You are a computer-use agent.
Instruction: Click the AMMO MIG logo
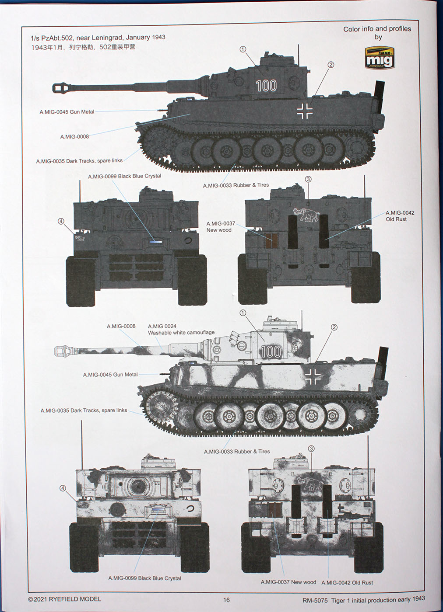379,57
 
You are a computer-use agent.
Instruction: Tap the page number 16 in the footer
226,600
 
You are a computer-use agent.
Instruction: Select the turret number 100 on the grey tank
266,86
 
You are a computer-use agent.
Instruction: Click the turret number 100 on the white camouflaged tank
270,351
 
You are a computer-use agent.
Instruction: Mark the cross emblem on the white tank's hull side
313,376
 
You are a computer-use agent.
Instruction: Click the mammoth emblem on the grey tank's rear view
306,214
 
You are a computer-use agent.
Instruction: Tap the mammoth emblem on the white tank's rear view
309,483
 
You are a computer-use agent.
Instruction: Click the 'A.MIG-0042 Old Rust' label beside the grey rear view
400,216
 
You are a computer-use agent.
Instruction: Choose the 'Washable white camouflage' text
181,333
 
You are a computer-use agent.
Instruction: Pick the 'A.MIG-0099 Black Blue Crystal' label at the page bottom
144,578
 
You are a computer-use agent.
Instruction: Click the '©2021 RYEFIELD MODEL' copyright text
64,599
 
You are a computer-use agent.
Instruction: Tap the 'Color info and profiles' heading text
377,29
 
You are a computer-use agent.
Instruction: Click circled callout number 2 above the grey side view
330,65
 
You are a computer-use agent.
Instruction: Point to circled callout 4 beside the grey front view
61,221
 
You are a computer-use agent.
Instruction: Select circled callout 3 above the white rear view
311,449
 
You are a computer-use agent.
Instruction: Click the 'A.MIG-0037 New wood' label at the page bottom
288,582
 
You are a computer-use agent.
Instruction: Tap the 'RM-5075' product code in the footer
315,600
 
